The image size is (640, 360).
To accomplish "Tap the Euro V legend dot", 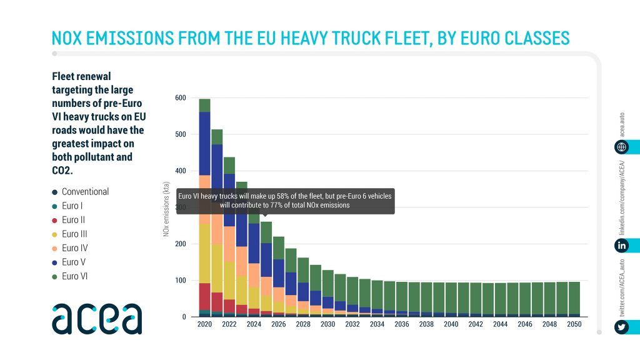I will click(55, 262).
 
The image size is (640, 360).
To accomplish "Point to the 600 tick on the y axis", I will click(181, 98).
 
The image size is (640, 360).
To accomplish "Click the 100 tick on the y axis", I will click(181, 281).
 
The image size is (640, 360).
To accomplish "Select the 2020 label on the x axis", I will click(204, 325).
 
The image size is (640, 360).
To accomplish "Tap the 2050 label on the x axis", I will click(574, 325).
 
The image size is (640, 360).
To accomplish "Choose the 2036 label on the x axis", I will click(401, 325).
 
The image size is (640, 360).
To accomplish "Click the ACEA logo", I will click(97, 319).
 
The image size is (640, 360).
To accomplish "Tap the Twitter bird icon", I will click(622, 327).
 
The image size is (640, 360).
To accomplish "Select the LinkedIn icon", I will click(622, 246).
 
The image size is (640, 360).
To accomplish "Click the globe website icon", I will click(622, 147).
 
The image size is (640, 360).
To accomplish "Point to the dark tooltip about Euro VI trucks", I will click(285, 201).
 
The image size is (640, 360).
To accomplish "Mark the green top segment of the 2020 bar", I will click(204, 105).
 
